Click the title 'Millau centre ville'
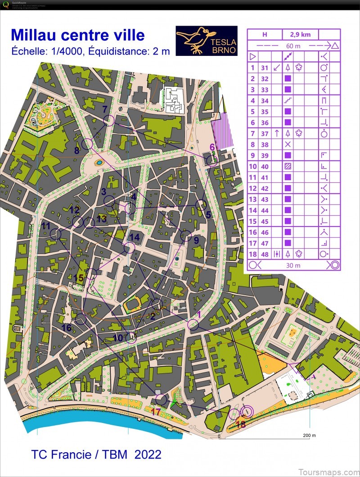(x=78, y=35)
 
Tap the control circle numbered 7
(x=108, y=120)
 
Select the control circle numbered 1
(x=193, y=325)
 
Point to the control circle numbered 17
(x=161, y=399)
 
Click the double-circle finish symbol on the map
(x=246, y=411)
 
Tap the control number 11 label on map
(x=46, y=226)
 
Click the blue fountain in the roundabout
(x=99, y=162)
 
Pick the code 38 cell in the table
(x=265, y=145)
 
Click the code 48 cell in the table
(x=265, y=254)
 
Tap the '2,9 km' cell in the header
(x=300, y=35)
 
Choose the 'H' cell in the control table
(x=265, y=35)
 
